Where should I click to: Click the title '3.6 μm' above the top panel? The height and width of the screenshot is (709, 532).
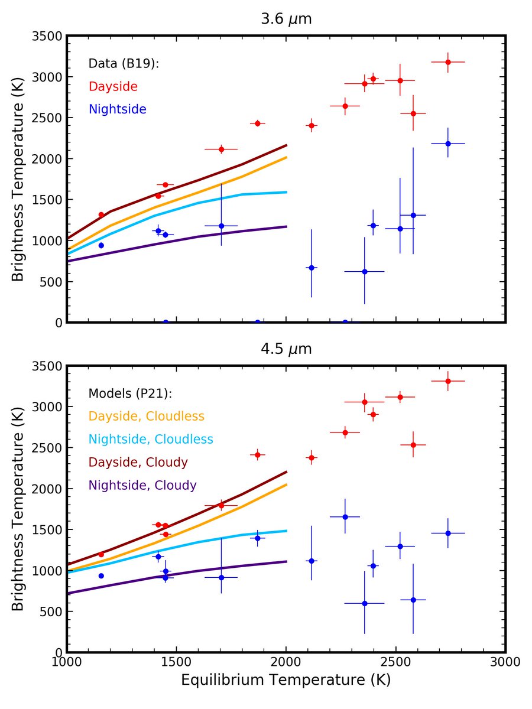[x=286, y=19]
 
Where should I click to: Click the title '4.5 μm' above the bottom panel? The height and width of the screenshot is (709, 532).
[x=286, y=349]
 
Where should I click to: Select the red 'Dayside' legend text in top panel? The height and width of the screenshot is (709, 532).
[x=113, y=87]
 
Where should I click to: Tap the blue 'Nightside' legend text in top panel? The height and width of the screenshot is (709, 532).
[x=117, y=109]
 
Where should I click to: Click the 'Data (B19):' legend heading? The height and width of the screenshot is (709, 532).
[x=124, y=64]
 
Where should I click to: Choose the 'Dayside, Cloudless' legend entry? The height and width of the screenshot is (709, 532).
[x=146, y=417]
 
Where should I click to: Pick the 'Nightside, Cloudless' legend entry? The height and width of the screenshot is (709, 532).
[x=151, y=439]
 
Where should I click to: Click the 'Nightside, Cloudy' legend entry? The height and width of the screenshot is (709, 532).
[x=142, y=485]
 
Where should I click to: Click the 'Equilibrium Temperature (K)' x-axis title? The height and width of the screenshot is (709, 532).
[x=286, y=680]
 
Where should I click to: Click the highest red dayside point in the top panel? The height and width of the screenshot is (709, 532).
[x=448, y=62]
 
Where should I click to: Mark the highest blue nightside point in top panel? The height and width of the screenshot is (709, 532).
[x=448, y=144]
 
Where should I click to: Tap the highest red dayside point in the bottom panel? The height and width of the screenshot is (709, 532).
[x=448, y=381]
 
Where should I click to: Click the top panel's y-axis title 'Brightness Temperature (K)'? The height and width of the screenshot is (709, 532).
[x=19, y=179]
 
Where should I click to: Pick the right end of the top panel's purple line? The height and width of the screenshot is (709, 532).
[x=286, y=226]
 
